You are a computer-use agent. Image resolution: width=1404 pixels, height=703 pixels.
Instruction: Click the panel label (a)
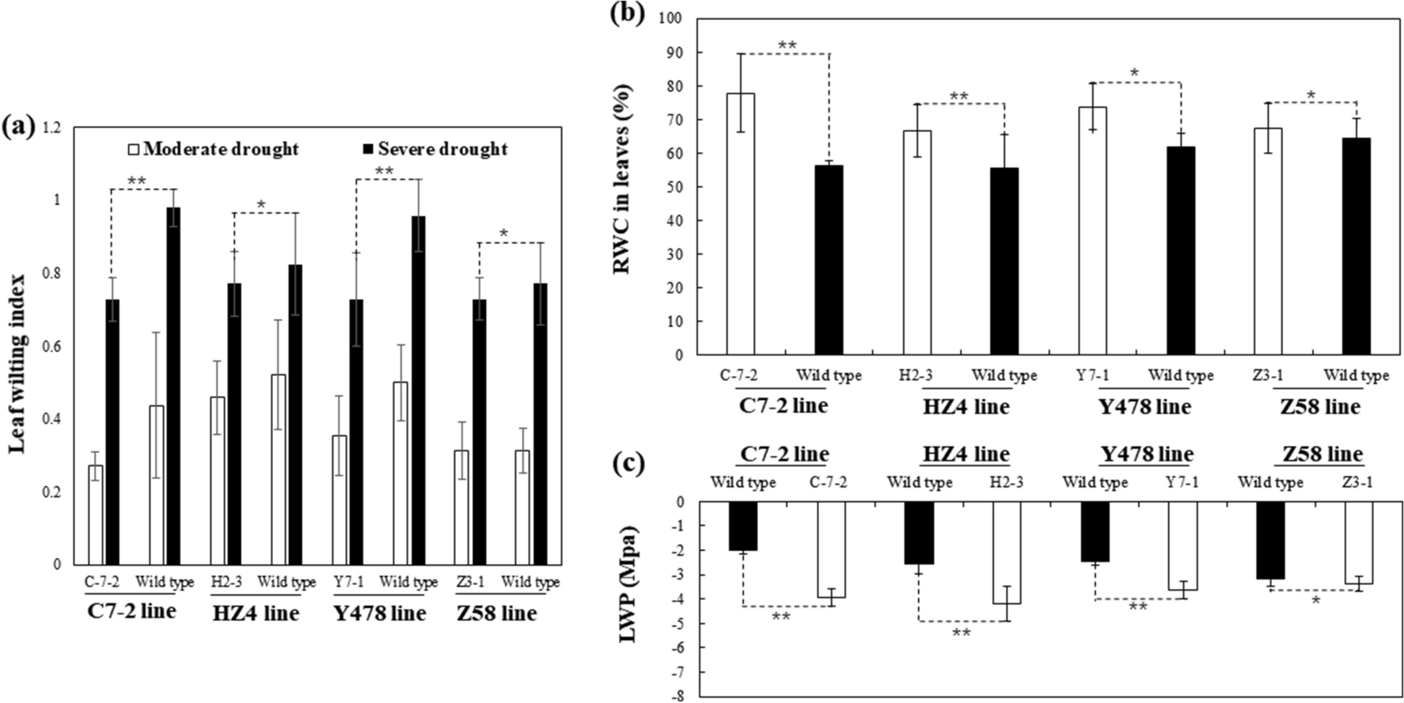tap(18, 126)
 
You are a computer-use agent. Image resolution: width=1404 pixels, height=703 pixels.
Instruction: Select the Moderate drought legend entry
tap(213, 149)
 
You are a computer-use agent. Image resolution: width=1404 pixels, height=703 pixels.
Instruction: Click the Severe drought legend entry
tap(434, 149)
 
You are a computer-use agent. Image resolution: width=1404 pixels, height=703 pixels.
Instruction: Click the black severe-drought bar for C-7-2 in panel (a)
tap(112, 431)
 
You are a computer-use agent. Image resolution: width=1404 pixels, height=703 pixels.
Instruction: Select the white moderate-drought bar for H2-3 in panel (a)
tap(217, 481)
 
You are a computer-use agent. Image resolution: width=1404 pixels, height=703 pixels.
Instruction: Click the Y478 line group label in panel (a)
tap(380, 614)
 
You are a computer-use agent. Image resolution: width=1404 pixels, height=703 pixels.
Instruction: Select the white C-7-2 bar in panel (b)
tap(741, 224)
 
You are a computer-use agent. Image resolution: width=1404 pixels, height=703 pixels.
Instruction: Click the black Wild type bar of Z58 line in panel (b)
tap(1356, 246)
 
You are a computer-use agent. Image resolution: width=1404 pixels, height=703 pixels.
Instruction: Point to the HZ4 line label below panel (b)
tap(966, 407)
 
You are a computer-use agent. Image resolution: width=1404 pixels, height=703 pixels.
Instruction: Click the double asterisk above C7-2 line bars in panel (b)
tap(787, 46)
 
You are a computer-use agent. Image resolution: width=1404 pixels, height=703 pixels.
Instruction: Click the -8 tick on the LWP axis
tap(678, 697)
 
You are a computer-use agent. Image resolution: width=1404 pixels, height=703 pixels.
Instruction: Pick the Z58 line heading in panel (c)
tap(1322, 454)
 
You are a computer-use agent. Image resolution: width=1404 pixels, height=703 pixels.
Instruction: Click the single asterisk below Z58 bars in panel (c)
tap(1315, 601)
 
